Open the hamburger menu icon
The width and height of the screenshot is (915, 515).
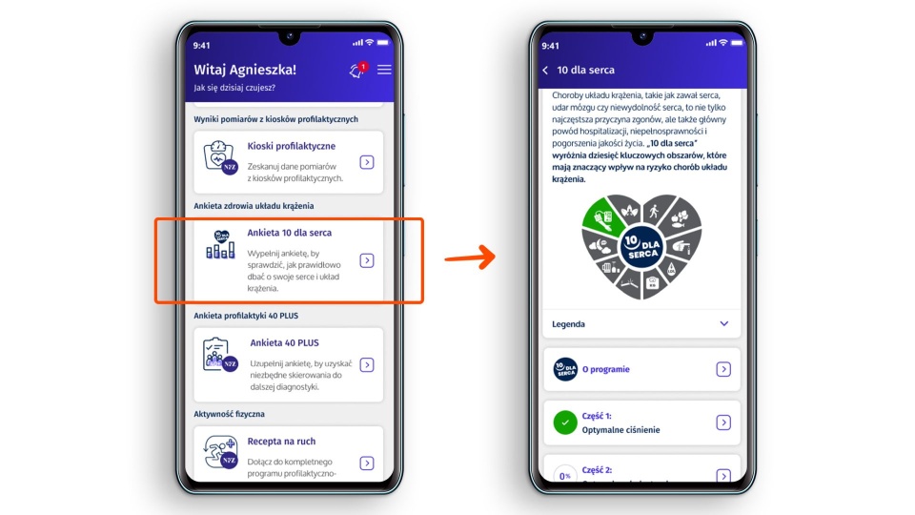[x=384, y=70]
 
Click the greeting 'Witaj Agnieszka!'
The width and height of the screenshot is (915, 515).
[x=245, y=70]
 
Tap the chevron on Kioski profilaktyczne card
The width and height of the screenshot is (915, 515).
[x=366, y=162]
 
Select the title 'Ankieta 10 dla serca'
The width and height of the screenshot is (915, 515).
[x=290, y=233]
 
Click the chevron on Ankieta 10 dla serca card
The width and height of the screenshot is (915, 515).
[x=366, y=260]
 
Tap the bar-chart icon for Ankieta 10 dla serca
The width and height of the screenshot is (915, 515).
[x=220, y=245]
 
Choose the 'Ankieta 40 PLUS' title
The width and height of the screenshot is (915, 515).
[x=284, y=342]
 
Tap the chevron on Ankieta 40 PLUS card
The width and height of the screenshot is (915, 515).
[x=366, y=365]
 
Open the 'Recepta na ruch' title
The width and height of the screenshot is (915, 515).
[x=281, y=442]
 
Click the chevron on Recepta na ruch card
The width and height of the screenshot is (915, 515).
[x=366, y=463]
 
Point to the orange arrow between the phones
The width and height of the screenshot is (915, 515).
[x=470, y=257]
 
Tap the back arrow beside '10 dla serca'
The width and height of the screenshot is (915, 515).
[x=545, y=70]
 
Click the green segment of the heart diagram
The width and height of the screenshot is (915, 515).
[x=602, y=217]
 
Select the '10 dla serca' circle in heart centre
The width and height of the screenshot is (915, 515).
[x=641, y=247]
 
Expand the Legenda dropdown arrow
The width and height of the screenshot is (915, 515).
[x=723, y=324]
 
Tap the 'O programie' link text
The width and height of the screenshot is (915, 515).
[x=606, y=369]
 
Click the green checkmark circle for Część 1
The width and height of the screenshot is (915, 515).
[x=565, y=422]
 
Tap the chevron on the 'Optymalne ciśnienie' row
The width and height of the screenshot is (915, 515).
[x=723, y=422]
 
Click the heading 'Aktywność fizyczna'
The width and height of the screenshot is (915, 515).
[x=230, y=414]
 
